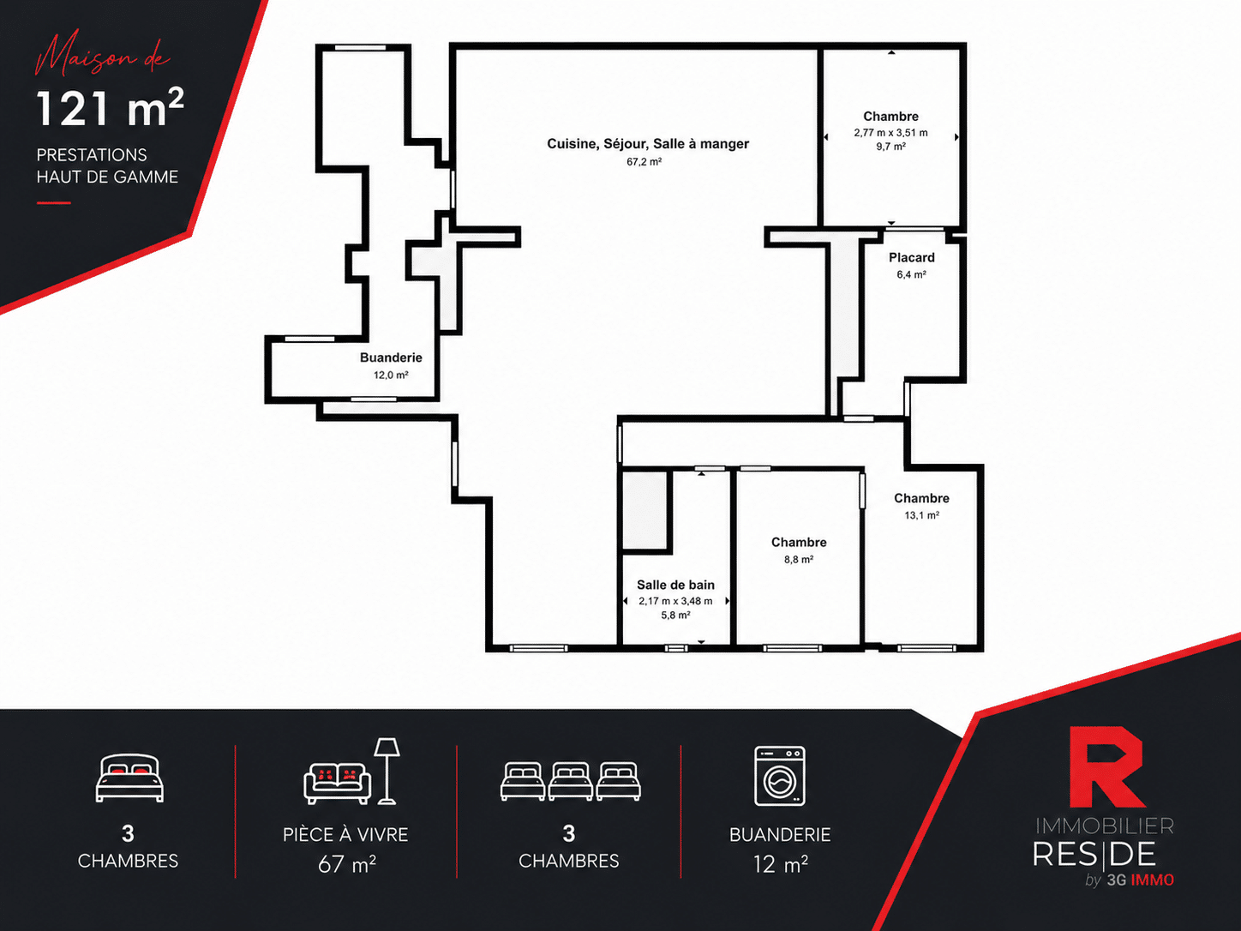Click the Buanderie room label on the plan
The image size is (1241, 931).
(391, 357)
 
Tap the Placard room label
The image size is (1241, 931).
(911, 258)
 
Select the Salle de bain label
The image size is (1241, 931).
(675, 585)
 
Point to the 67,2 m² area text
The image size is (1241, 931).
(644, 162)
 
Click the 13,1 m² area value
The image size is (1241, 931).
(921, 515)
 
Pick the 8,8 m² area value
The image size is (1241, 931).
(798, 559)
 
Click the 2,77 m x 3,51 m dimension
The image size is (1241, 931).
(890, 133)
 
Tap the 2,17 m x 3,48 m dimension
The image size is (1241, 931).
(675, 601)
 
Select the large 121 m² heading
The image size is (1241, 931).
(111, 107)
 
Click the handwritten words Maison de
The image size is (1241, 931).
(102, 56)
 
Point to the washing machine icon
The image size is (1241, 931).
(780, 776)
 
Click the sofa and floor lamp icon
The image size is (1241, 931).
(351, 771)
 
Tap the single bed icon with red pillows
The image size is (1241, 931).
(129, 778)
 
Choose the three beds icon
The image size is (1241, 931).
(571, 781)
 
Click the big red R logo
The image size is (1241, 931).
(1106, 766)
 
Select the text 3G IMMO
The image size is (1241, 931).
(1141, 880)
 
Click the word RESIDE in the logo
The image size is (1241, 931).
(1094, 854)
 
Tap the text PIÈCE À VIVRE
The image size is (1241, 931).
(345, 835)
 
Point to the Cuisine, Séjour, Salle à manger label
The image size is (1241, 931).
(648, 143)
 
